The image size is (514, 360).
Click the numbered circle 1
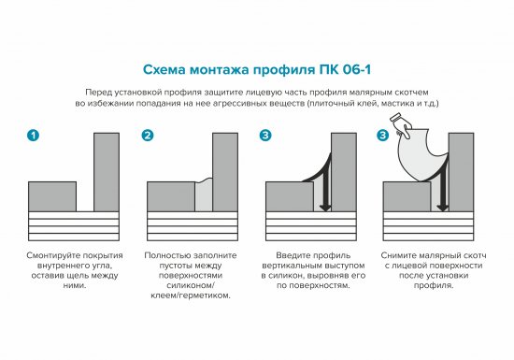pos(34,137)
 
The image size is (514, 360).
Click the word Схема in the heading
pos(164,69)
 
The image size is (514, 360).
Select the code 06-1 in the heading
pos(353,69)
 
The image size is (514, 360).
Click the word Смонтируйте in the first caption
pos(57,254)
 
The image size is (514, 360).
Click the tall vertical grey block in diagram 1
pos(107,171)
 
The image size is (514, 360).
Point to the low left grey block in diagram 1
pos(52,196)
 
